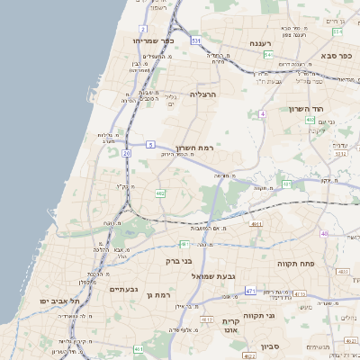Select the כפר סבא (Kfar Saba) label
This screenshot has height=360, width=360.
click(x=338, y=56)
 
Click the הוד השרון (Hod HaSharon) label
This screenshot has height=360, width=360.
click(x=306, y=108)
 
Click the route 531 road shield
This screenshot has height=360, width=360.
click(x=195, y=40)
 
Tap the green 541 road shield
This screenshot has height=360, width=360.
click(x=268, y=55)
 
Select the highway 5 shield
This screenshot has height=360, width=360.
click(x=150, y=144)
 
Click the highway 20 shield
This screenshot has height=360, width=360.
click(x=126, y=154)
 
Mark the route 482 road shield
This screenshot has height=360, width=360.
click(x=160, y=192)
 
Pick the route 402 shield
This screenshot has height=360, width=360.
click(x=310, y=120)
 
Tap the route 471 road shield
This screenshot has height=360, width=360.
click(x=251, y=291)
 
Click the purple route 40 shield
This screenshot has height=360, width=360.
click(x=324, y=234)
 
